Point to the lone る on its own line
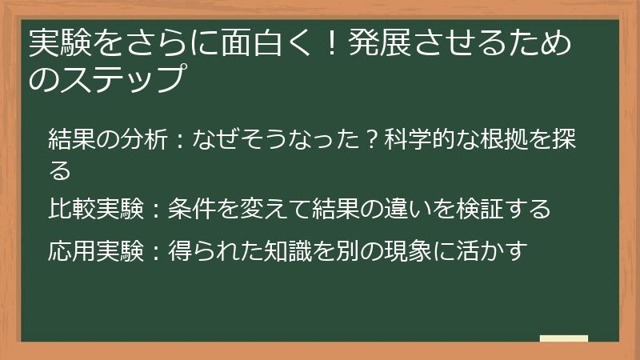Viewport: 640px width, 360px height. point(60,170)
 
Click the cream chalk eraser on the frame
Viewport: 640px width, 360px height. point(564,339)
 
